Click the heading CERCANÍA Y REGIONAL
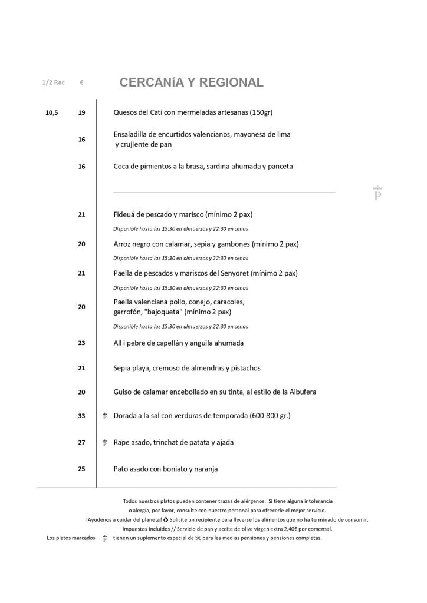coord(191,83)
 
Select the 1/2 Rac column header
coord(53,82)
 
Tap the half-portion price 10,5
coord(52,112)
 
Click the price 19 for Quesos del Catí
coord(81,112)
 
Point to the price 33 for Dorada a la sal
coord(81,416)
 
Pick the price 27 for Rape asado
coord(81,443)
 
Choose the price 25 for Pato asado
coord(81,469)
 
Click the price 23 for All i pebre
coord(81,343)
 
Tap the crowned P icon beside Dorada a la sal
coord(104,416)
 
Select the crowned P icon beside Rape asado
coord(104,443)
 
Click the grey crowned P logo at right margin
coord(377,193)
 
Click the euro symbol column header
coord(81,82)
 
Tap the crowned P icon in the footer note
coord(104,538)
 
